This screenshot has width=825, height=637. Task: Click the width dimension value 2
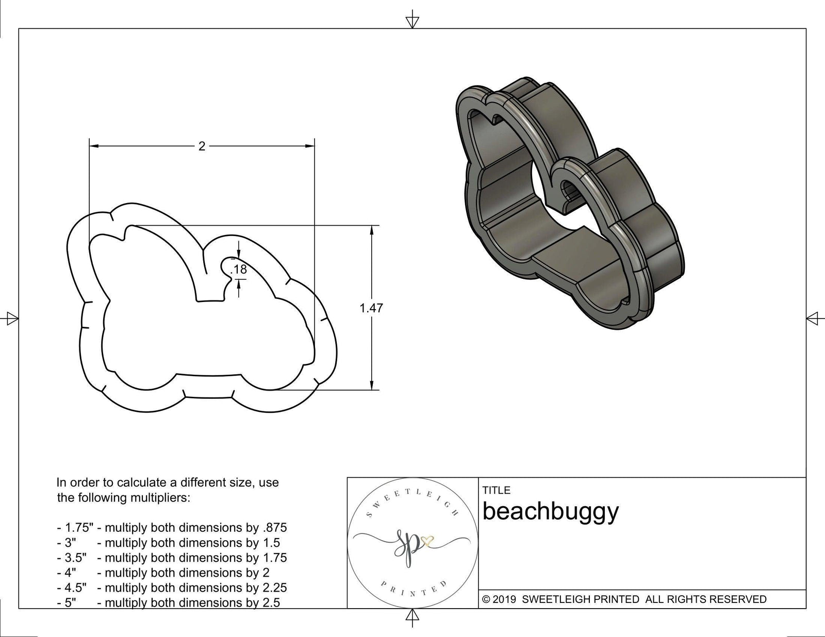[x=202, y=146]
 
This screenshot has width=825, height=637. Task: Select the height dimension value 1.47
[x=371, y=308]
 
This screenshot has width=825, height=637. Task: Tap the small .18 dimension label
[x=239, y=269]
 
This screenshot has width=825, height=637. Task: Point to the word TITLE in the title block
[x=497, y=490]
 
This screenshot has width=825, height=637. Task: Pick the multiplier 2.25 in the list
[x=274, y=588]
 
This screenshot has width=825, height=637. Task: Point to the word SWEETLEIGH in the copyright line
[x=554, y=599]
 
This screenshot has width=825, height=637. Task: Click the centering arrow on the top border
[x=412, y=21]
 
